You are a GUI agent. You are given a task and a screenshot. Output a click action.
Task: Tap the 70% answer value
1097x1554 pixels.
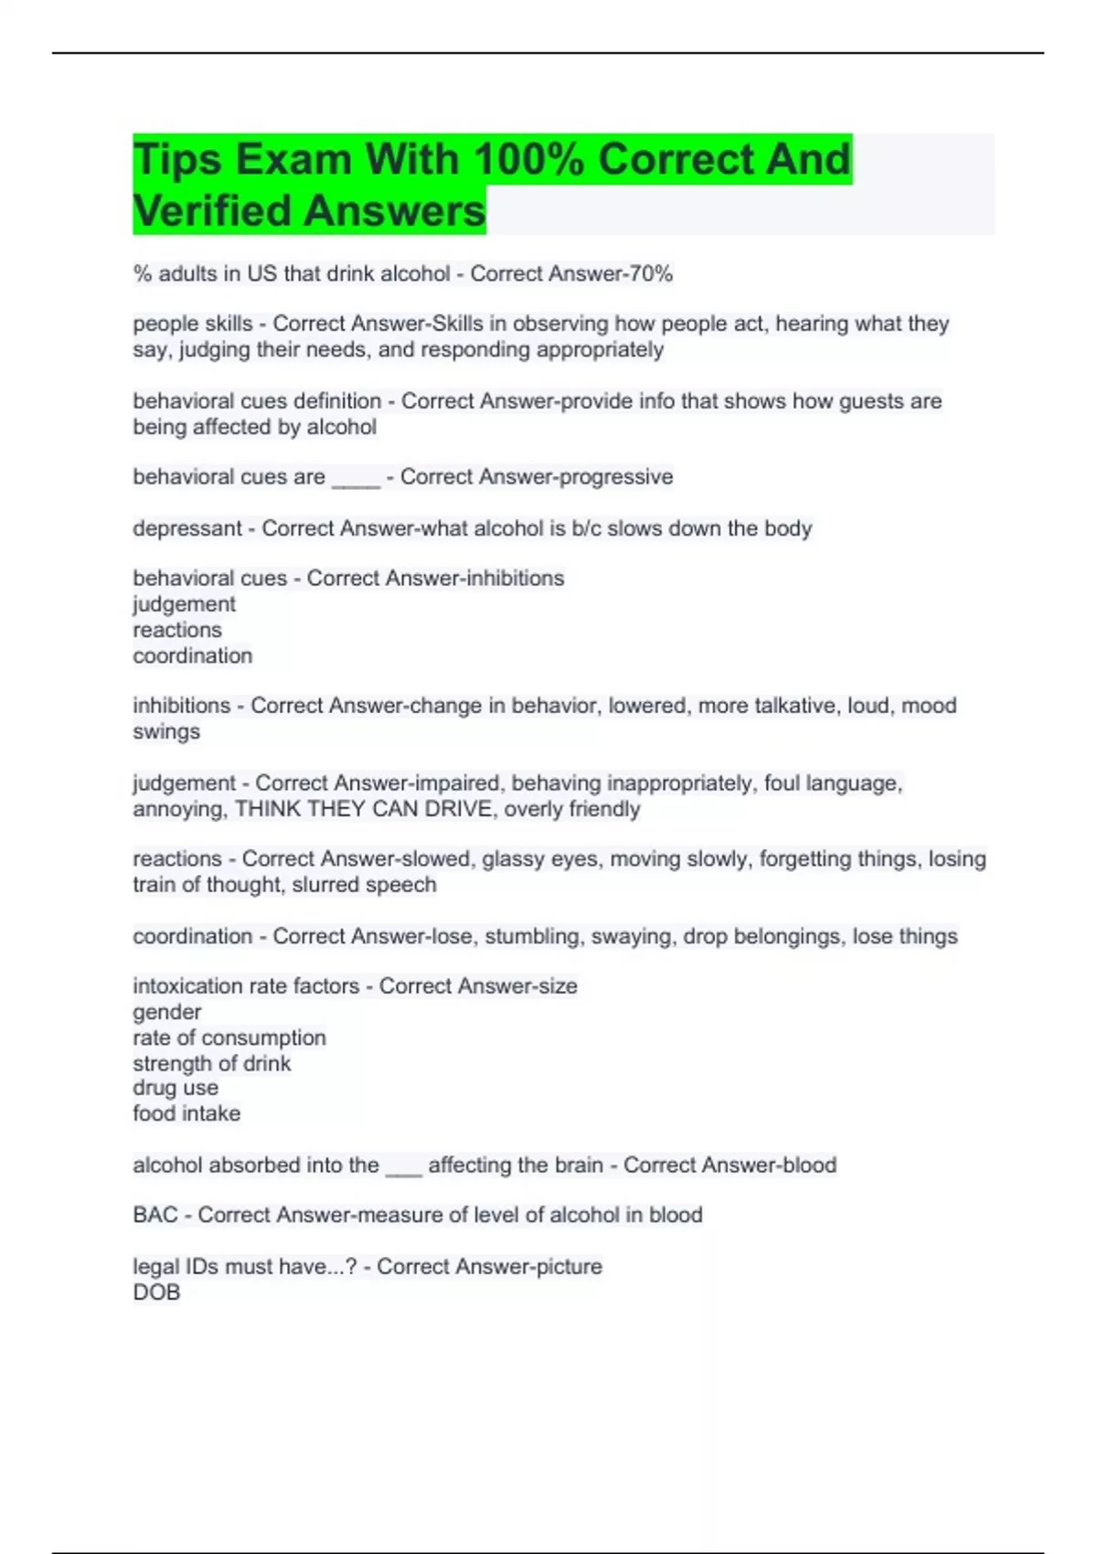[650, 273]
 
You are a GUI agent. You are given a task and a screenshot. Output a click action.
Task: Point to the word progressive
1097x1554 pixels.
[615, 476]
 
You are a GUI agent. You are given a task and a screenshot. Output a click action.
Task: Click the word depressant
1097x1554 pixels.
[186, 528]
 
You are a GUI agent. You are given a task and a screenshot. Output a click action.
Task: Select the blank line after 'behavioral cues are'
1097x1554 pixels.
[356, 478]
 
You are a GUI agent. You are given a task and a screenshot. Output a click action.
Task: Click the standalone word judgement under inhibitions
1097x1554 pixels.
[184, 603]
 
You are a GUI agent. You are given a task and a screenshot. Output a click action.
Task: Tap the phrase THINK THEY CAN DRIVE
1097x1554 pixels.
[364, 809]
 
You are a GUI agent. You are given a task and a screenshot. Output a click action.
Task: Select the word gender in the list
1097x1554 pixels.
[166, 1012]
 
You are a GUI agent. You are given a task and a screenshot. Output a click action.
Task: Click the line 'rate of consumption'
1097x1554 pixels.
[229, 1038]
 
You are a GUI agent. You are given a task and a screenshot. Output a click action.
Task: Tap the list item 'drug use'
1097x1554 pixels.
[175, 1088]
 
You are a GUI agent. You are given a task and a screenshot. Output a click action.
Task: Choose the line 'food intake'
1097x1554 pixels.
[186, 1113]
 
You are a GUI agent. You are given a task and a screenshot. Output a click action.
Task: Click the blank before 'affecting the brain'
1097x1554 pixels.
[403, 1167]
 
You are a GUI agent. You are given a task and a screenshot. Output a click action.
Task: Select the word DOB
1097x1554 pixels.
[156, 1292]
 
